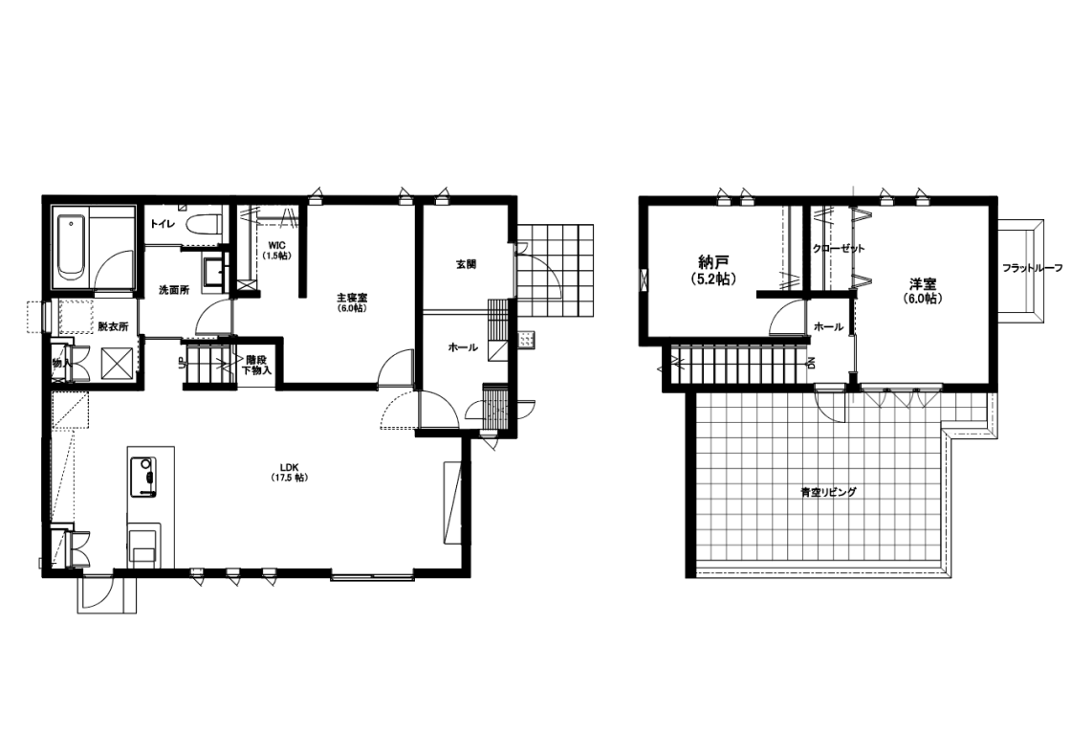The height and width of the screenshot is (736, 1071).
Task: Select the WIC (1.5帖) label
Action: pos(277,250)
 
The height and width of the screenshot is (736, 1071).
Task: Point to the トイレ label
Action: pos(162,222)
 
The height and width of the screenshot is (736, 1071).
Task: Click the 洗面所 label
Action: pos(173,290)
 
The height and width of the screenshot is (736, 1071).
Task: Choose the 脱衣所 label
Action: pos(113,326)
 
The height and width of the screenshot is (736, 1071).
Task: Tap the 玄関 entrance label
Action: pos(466,264)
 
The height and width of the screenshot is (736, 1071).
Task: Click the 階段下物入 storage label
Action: pos(257,365)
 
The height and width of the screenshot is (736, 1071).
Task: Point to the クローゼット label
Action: pos(839,248)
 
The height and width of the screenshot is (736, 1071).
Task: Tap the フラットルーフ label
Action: pos(1033,269)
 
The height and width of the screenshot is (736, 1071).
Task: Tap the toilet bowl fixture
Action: pos(204,225)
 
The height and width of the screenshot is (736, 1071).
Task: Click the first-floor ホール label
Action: pos(463,347)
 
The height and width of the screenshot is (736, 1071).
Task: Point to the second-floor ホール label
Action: pos(828,327)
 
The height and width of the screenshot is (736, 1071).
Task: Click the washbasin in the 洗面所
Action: pos(214,271)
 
